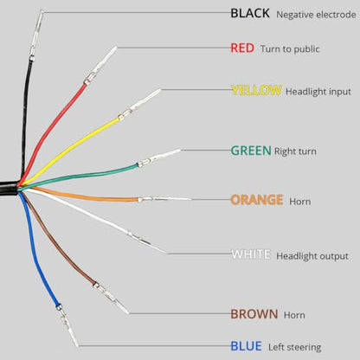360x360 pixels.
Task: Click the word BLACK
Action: click(x=250, y=13)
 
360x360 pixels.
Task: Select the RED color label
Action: click(x=242, y=48)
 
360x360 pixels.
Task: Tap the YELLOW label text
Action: click(x=256, y=90)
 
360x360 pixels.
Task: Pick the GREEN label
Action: click(x=251, y=151)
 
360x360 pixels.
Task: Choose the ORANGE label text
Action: click(x=257, y=200)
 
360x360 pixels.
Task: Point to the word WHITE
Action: click(x=251, y=254)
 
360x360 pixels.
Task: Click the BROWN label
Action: click(x=254, y=314)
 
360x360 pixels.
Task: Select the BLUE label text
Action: click(x=246, y=346)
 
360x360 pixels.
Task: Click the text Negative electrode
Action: click(x=316, y=15)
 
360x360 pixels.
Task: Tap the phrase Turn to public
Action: click(x=290, y=48)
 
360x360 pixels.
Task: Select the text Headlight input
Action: click(x=318, y=92)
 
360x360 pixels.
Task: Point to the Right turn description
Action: click(x=295, y=151)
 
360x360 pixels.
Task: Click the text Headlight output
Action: click(x=312, y=256)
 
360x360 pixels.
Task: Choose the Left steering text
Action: click(x=294, y=347)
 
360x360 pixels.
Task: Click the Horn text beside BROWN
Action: click(x=294, y=315)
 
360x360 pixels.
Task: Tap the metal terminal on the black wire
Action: click(x=36, y=35)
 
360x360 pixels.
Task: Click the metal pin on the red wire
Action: click(x=100, y=65)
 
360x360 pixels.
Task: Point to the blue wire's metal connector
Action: click(x=67, y=325)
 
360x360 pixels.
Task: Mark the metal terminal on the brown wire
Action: click(x=111, y=299)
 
